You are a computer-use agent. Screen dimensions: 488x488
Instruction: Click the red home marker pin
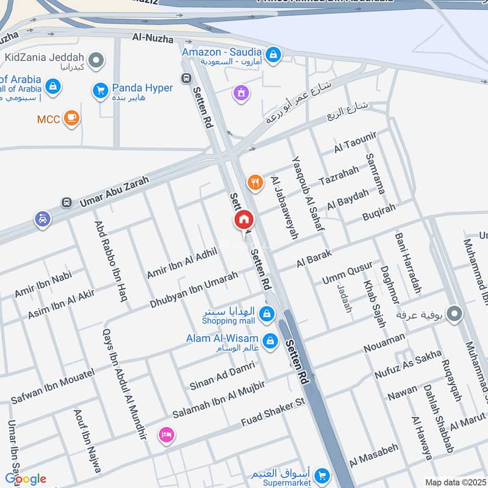(244, 220)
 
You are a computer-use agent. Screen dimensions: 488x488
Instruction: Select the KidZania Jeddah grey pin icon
(95, 60)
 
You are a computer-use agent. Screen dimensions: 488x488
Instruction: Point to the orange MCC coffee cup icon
(72, 118)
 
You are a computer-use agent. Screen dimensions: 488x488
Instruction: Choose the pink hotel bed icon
(166, 435)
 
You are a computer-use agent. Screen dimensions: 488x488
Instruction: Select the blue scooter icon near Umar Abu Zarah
(42, 218)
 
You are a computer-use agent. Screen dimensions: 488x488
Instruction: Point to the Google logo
(26, 479)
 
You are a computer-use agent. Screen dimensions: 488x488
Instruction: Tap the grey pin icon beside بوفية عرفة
(454, 314)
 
